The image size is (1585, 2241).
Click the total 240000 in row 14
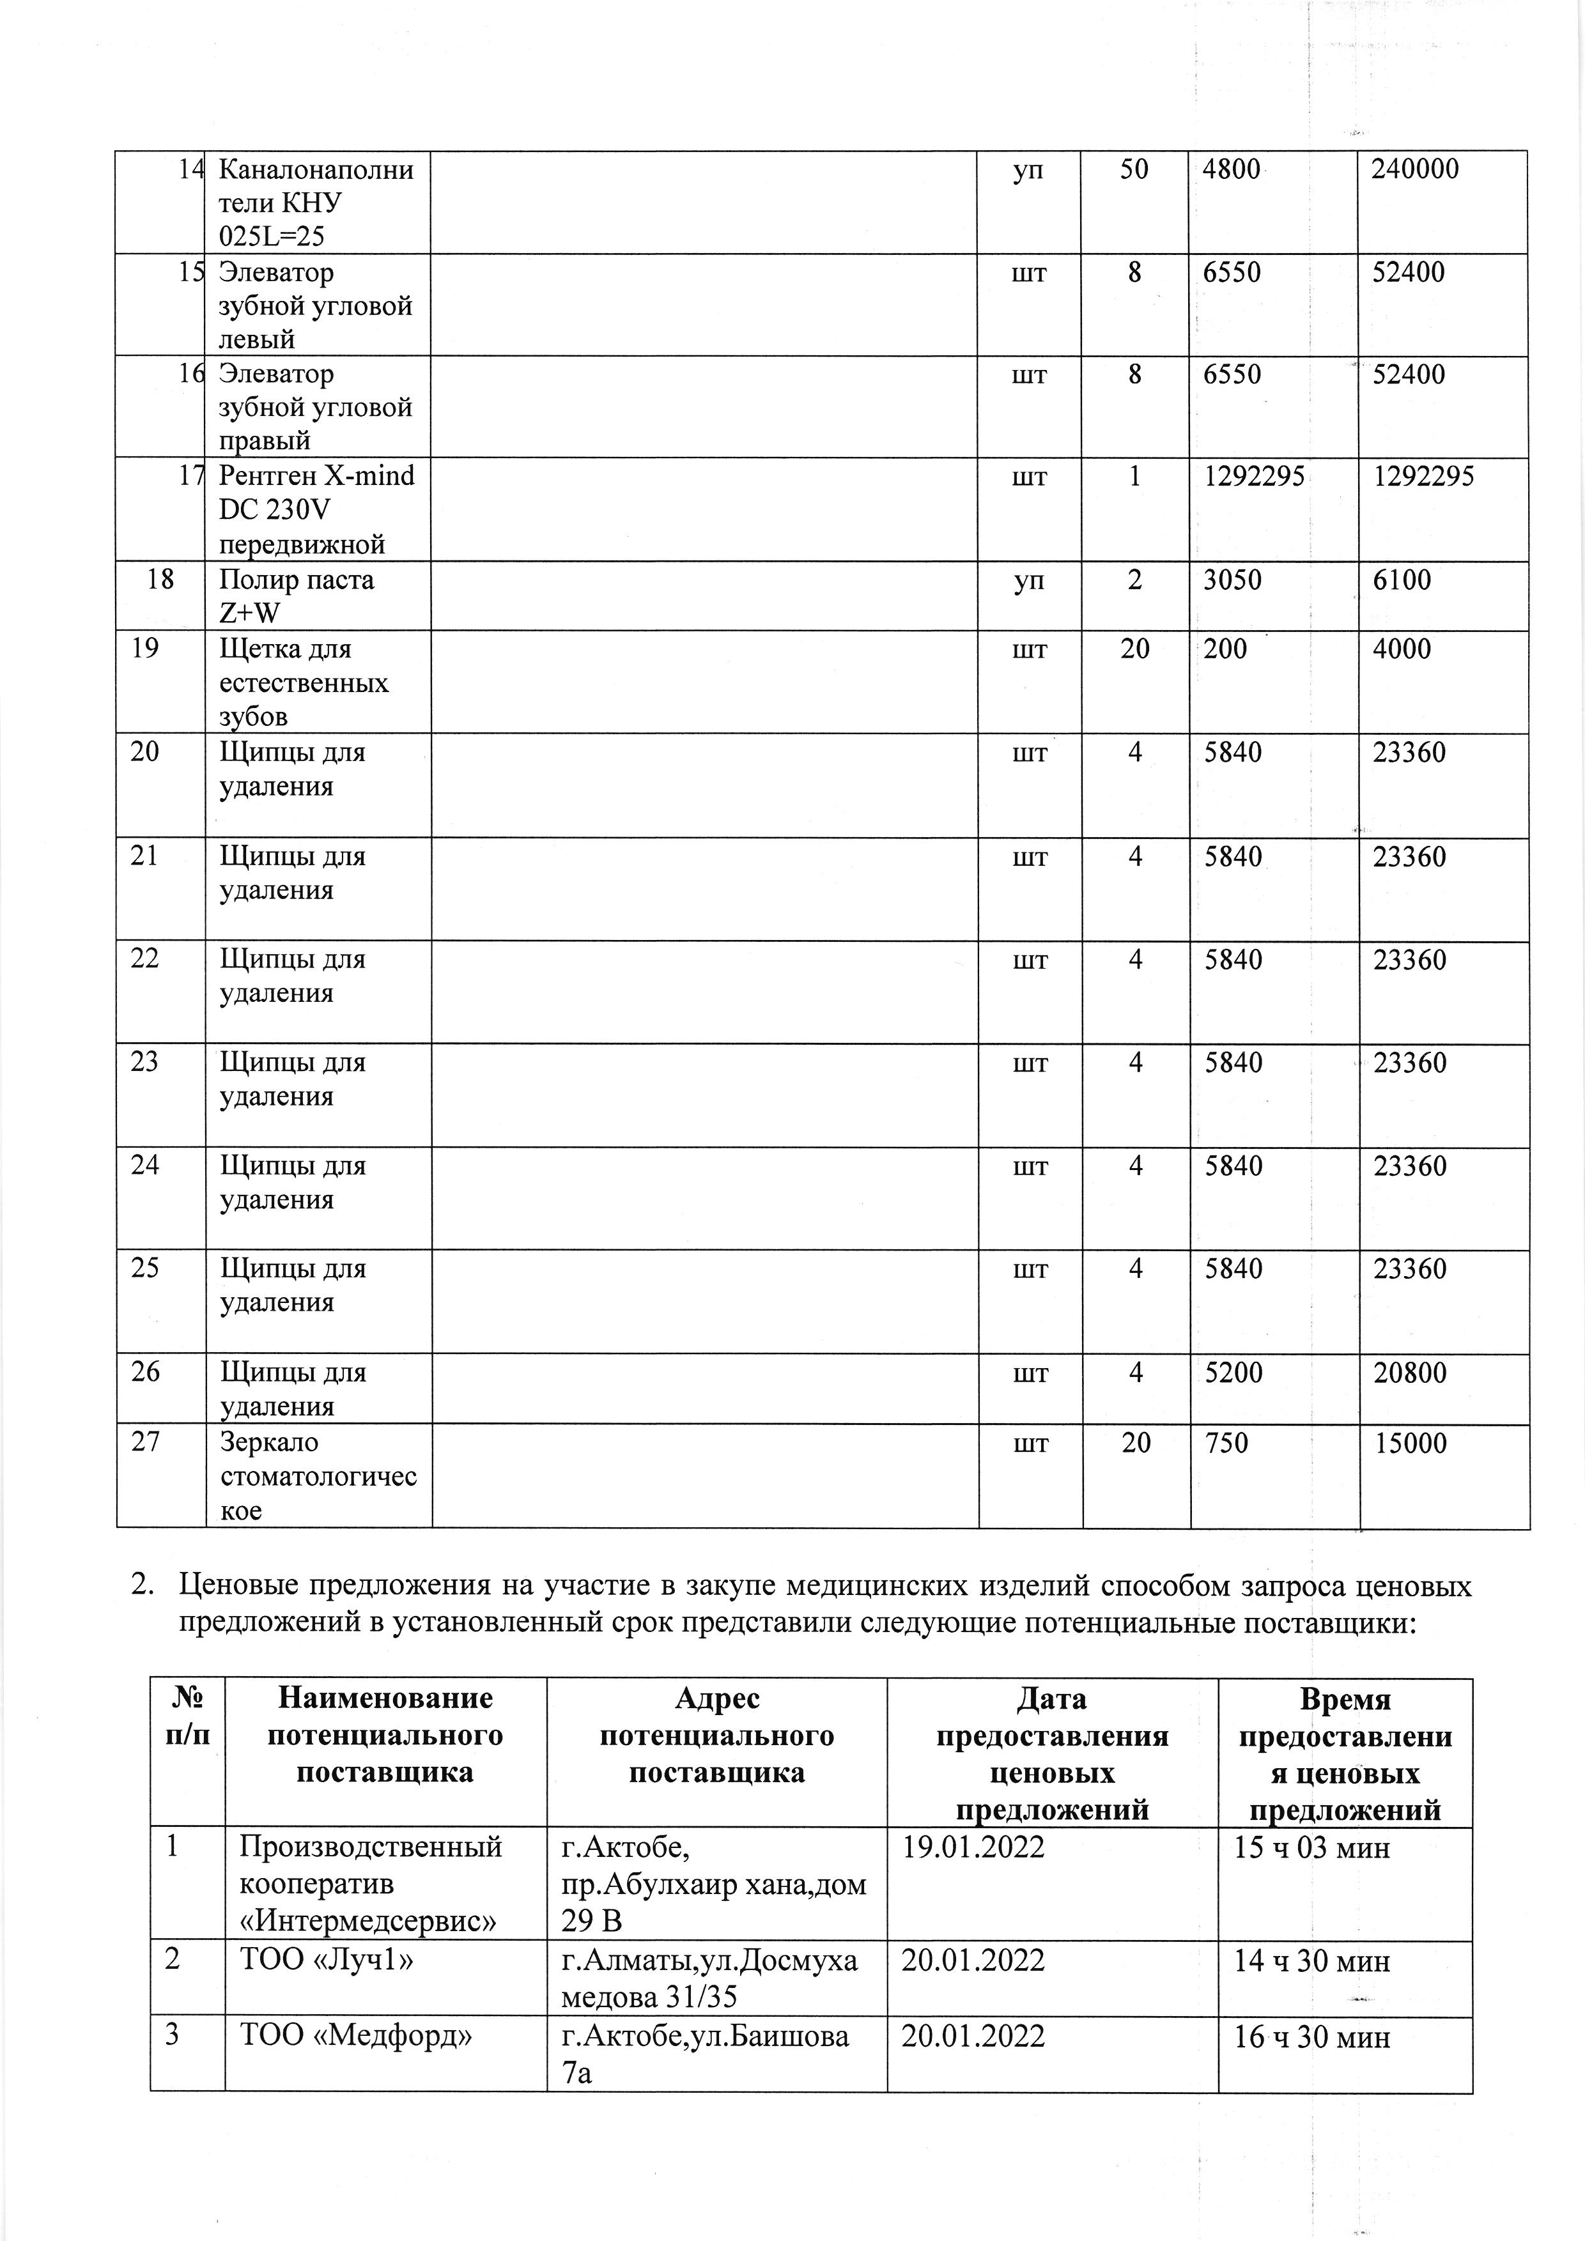coord(1414,170)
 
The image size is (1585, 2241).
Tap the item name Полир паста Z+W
coord(296,596)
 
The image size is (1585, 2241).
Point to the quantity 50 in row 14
coord(1134,170)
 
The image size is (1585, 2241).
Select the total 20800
coord(1409,1373)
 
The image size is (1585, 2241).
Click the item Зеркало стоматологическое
coord(317,1475)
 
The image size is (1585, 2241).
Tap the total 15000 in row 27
coord(1409,1443)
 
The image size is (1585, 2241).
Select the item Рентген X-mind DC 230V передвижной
coord(316,509)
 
